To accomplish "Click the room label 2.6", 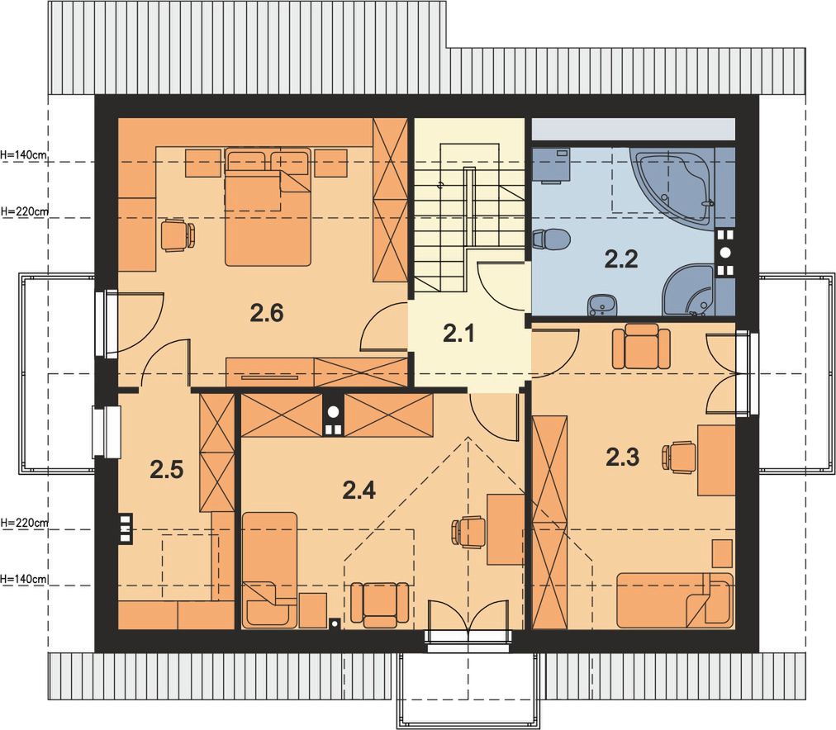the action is pos(267,313).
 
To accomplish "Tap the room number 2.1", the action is pos(458,334).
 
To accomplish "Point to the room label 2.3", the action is pos(622,457).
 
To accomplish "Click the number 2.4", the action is pos(359,491).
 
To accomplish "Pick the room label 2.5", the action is pos(166,471).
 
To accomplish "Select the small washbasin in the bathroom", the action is pos(602,306).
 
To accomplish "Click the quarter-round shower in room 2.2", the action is pos(690,291).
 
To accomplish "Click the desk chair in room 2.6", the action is pos(178,235).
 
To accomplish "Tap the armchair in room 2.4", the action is pos(380,605).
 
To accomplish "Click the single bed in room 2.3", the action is pos(675,600).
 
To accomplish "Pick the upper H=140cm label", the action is pos(24,155).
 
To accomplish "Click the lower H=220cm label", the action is pos(24,523).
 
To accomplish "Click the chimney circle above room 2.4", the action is pos(333,411).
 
